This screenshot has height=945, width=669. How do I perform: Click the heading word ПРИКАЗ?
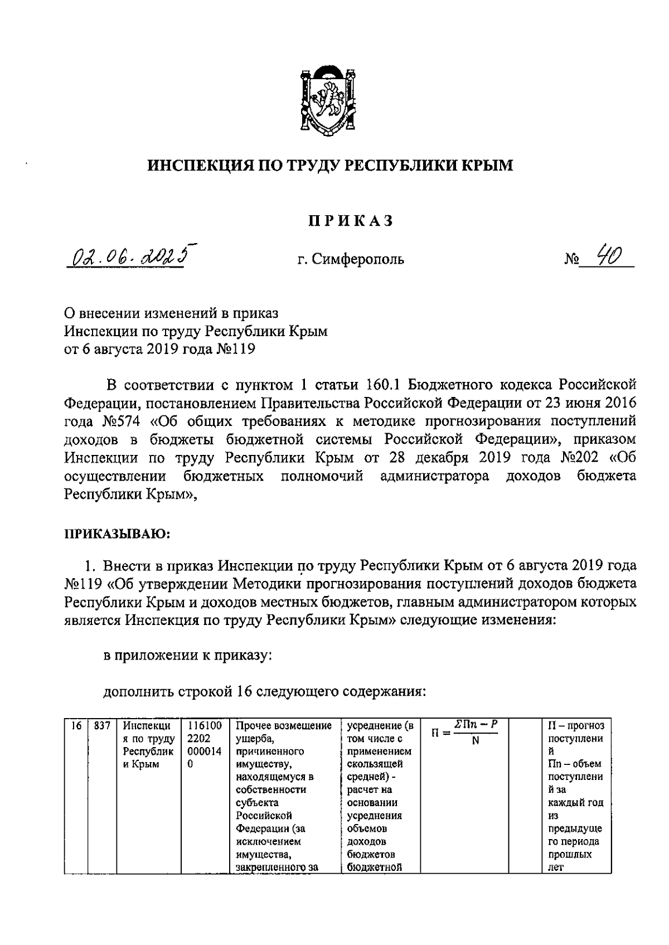351,221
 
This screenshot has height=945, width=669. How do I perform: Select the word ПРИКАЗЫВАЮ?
117,534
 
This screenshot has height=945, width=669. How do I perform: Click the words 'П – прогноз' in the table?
576,726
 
